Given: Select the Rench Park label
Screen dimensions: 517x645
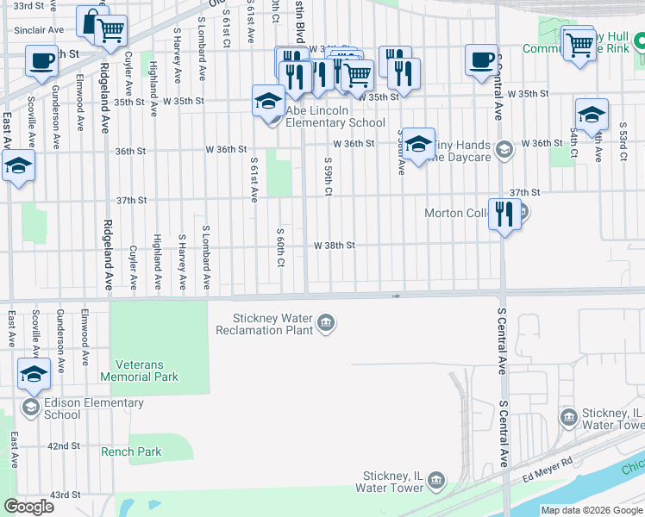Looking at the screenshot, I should tap(131, 452).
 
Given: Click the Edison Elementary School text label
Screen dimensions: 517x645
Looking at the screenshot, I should tap(94, 408).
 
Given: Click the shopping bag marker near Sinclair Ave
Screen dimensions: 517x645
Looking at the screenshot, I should tap(91, 22).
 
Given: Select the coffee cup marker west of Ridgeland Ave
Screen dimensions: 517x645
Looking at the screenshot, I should tap(41, 62).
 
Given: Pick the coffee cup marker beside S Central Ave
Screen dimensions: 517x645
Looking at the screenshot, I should tap(481, 59).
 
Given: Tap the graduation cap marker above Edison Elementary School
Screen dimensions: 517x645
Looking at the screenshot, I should tap(34, 373).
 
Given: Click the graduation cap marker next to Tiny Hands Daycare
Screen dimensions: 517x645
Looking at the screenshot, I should tap(418, 145).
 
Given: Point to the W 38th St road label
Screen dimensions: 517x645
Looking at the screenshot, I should tap(335, 246).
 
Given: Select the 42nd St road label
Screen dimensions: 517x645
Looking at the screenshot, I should tap(64, 446).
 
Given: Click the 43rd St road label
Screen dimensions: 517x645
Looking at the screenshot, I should tap(64, 495).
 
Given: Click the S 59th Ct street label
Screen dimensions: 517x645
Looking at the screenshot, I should tap(329, 177).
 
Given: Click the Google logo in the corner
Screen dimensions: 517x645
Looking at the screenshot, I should tap(28, 507).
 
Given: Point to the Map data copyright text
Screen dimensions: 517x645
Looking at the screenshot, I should tap(591, 510).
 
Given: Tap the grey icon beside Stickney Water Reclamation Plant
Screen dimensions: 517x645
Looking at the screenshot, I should tap(326, 324).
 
